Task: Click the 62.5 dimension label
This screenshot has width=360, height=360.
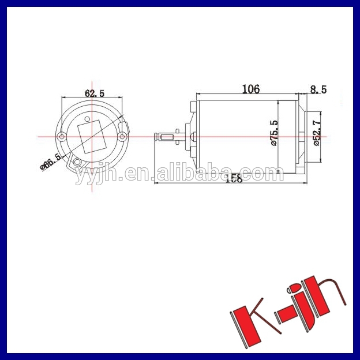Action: (94, 93)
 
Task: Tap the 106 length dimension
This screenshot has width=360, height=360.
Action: (250, 89)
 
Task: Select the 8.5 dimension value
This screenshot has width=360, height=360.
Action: (318, 89)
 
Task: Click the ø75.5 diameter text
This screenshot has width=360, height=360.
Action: (275, 133)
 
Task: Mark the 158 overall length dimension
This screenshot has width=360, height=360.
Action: (233, 179)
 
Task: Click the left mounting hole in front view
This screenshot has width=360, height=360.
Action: (62, 137)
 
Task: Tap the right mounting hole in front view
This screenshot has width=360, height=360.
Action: (122, 137)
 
